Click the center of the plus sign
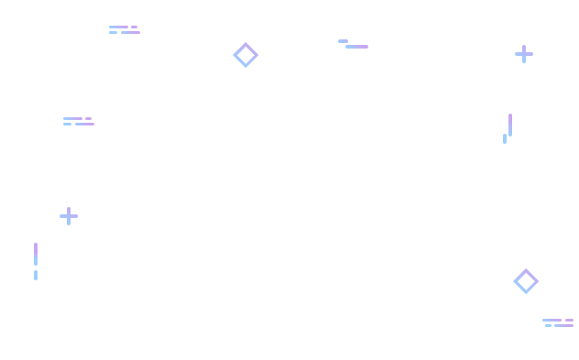click(524, 54)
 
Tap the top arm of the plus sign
click(524, 48)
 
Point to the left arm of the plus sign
click(518, 54)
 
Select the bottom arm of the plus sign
click(524, 60)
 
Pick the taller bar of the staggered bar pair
click(510, 125)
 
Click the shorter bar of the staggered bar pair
click(505, 138)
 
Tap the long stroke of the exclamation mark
click(36, 254)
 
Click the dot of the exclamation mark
click(36, 275)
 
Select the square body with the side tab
click(66, 216)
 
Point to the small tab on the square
click(75, 216)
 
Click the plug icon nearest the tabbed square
click(80, 121)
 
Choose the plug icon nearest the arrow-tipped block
click(125, 29)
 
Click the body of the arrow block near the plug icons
click(242, 55)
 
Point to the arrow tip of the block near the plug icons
click(254, 55)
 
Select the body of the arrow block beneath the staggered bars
click(519, 281)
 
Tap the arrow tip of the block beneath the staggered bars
click(533, 281)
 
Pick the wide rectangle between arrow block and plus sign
click(352, 44)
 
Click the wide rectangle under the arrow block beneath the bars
click(557, 322)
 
